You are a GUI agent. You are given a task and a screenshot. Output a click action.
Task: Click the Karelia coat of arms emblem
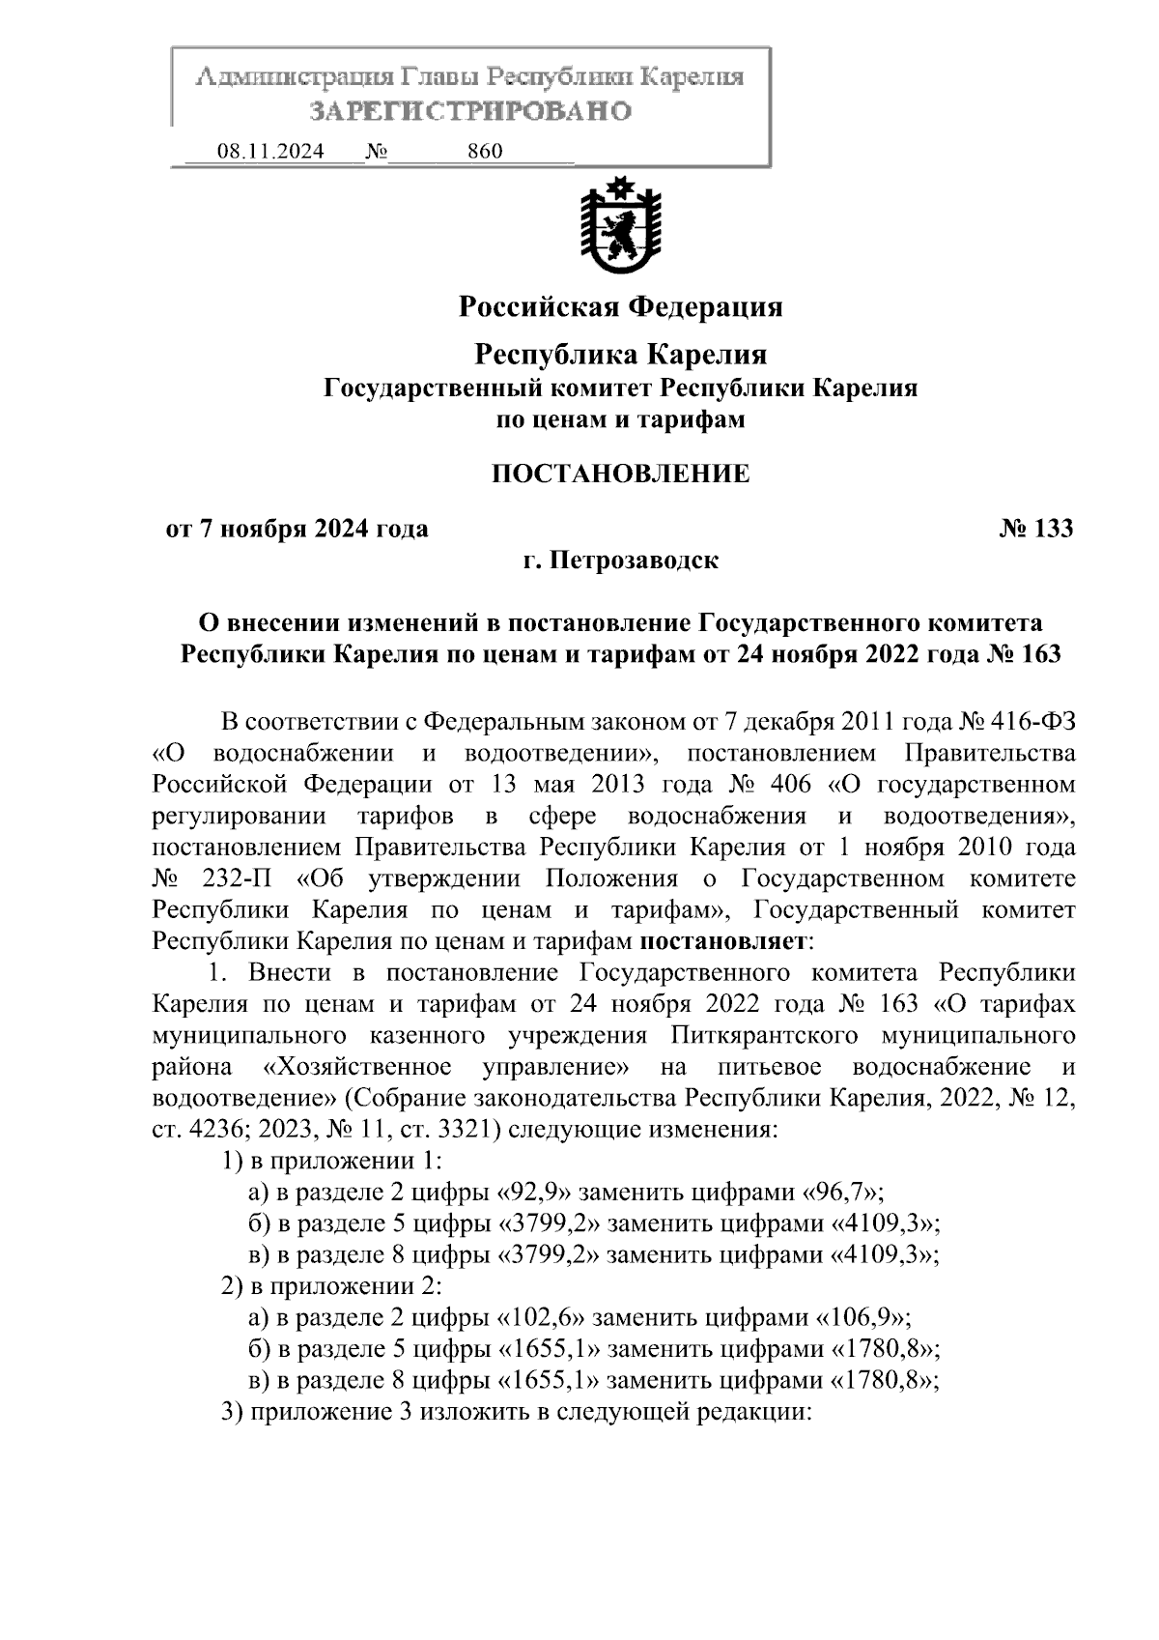(620, 225)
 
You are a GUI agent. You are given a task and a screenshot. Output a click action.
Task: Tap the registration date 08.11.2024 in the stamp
(270, 152)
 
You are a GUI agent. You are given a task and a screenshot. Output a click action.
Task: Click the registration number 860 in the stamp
(484, 152)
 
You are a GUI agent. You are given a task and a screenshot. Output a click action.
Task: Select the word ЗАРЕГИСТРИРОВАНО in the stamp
(470, 111)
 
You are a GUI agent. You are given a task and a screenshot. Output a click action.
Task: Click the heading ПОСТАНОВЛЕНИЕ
(620, 474)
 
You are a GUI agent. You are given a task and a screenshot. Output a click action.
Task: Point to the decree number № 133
(1035, 529)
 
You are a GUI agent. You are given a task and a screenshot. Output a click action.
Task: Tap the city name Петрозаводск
(634, 561)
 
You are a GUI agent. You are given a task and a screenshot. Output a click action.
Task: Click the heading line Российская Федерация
(620, 307)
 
